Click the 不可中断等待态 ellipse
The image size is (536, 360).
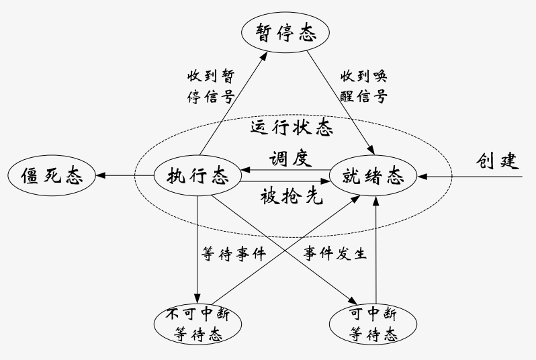(197, 323)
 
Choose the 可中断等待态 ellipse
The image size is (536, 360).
(373, 323)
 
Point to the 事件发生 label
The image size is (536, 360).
(334, 255)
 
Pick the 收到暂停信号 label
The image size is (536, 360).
(210, 85)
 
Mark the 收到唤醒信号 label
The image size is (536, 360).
(363, 85)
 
